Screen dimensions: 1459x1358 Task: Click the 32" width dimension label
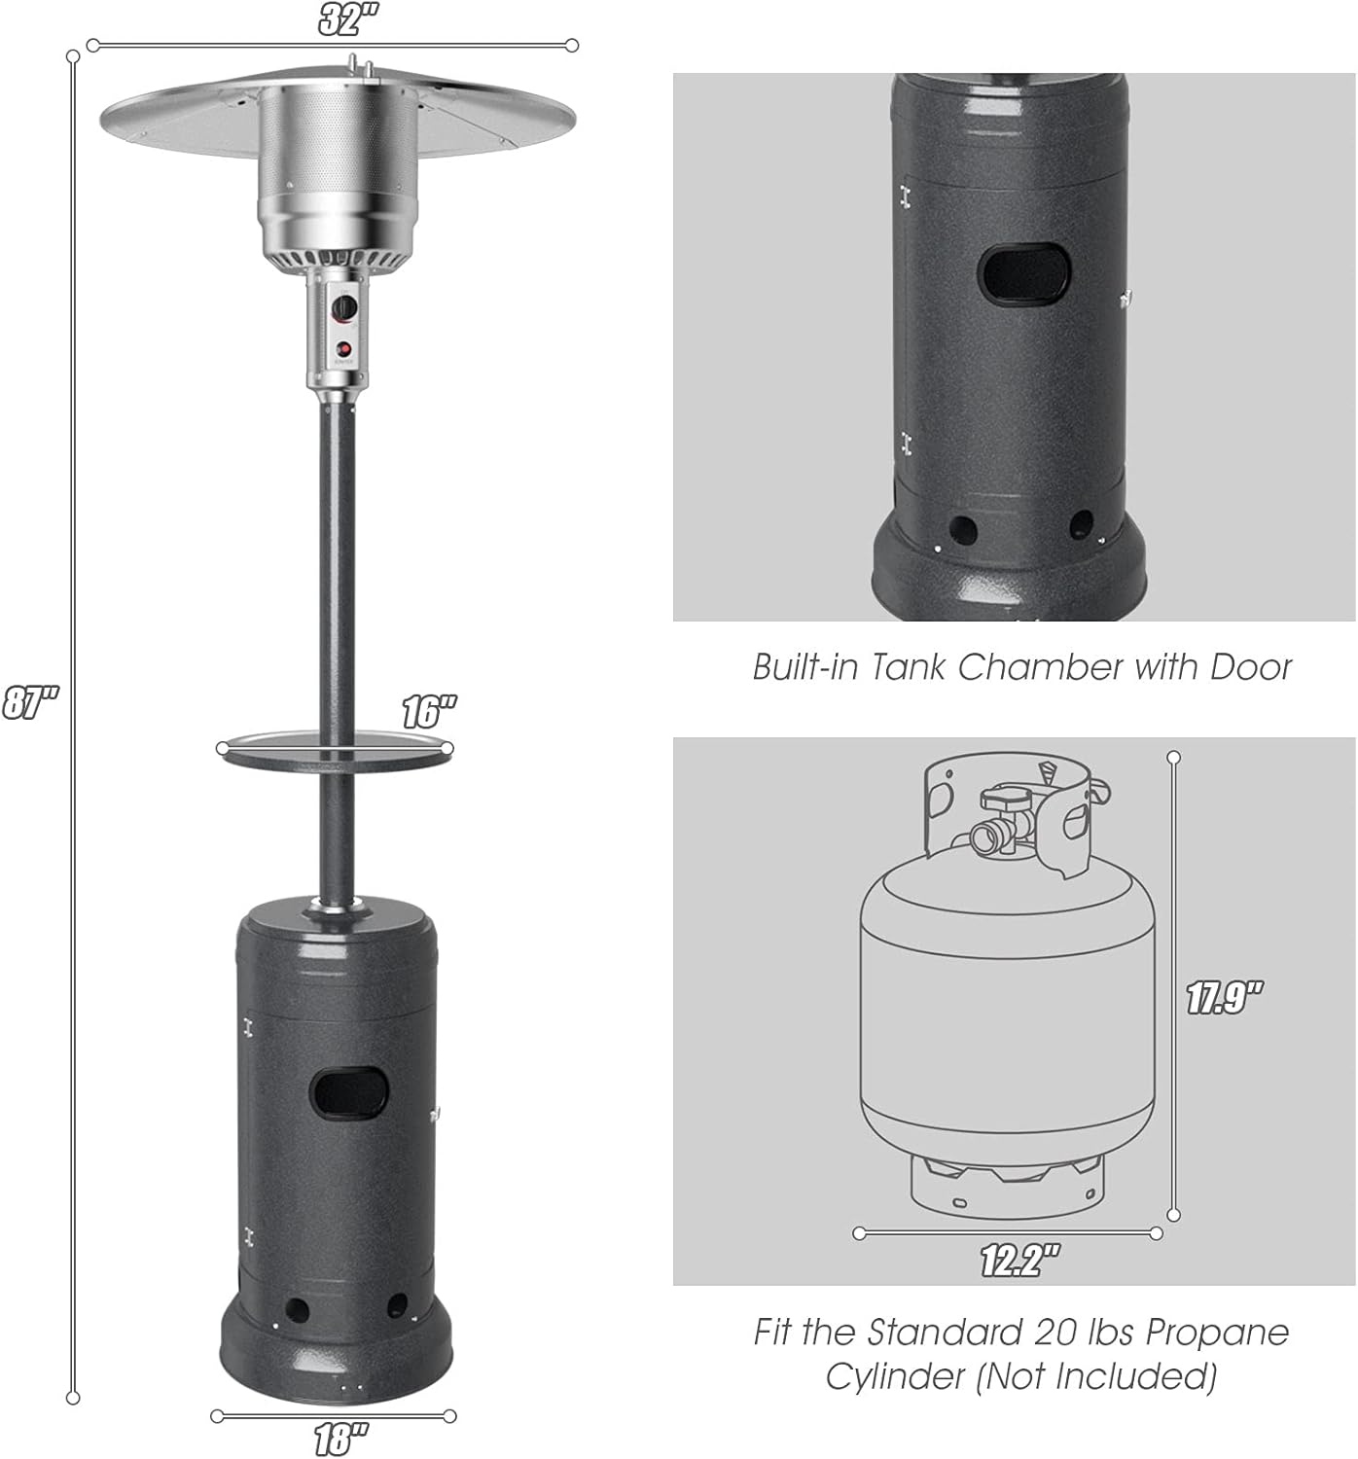(x=348, y=19)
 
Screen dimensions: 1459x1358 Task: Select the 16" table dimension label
(x=429, y=713)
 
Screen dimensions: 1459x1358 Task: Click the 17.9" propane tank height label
(x=1223, y=998)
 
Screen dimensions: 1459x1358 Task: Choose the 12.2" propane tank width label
(x=1019, y=1261)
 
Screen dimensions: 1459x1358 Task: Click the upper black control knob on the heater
(x=344, y=309)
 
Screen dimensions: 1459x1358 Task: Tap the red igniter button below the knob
(x=343, y=349)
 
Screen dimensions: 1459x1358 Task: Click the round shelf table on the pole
(x=335, y=751)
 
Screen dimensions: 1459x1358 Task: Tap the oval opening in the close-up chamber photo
(x=1024, y=272)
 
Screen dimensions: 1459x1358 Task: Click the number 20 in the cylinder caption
(x=1054, y=1333)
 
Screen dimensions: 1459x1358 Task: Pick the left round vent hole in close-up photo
(x=962, y=530)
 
